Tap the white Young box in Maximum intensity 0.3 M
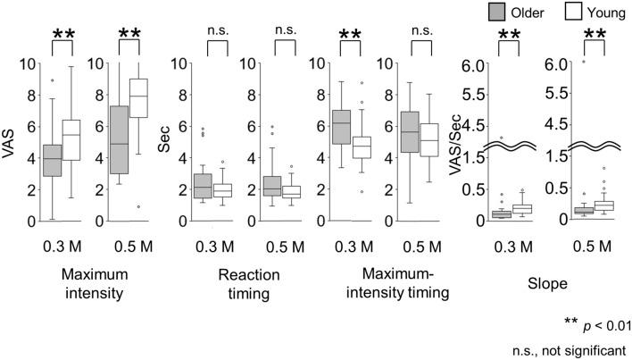click(x=68, y=140)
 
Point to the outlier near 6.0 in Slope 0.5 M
click(x=584, y=63)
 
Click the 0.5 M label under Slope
click(x=594, y=243)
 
